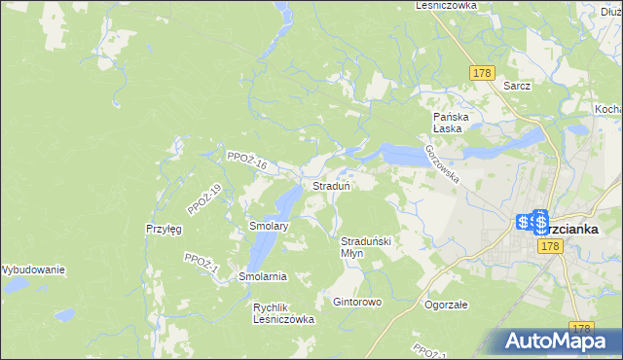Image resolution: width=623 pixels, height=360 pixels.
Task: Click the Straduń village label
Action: click(x=331, y=185)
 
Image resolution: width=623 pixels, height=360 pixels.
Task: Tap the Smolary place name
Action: click(x=268, y=227)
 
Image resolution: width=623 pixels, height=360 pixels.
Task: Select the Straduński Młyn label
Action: click(x=365, y=246)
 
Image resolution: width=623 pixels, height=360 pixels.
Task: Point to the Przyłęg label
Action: click(x=164, y=230)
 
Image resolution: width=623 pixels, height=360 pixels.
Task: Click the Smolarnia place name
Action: click(x=263, y=276)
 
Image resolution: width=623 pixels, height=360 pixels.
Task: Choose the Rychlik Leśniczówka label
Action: click(x=283, y=313)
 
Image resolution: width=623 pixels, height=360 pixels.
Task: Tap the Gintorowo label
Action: click(x=357, y=302)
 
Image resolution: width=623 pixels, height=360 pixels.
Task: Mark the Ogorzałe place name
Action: click(x=447, y=305)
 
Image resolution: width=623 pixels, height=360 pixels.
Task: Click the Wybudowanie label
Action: click(x=32, y=269)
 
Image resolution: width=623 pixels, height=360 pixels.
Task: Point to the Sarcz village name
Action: click(x=517, y=86)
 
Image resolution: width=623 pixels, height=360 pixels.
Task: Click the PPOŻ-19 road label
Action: click(x=204, y=200)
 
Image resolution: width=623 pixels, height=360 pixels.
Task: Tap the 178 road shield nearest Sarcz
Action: click(x=481, y=73)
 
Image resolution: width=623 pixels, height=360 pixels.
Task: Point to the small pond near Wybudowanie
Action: click(x=64, y=315)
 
